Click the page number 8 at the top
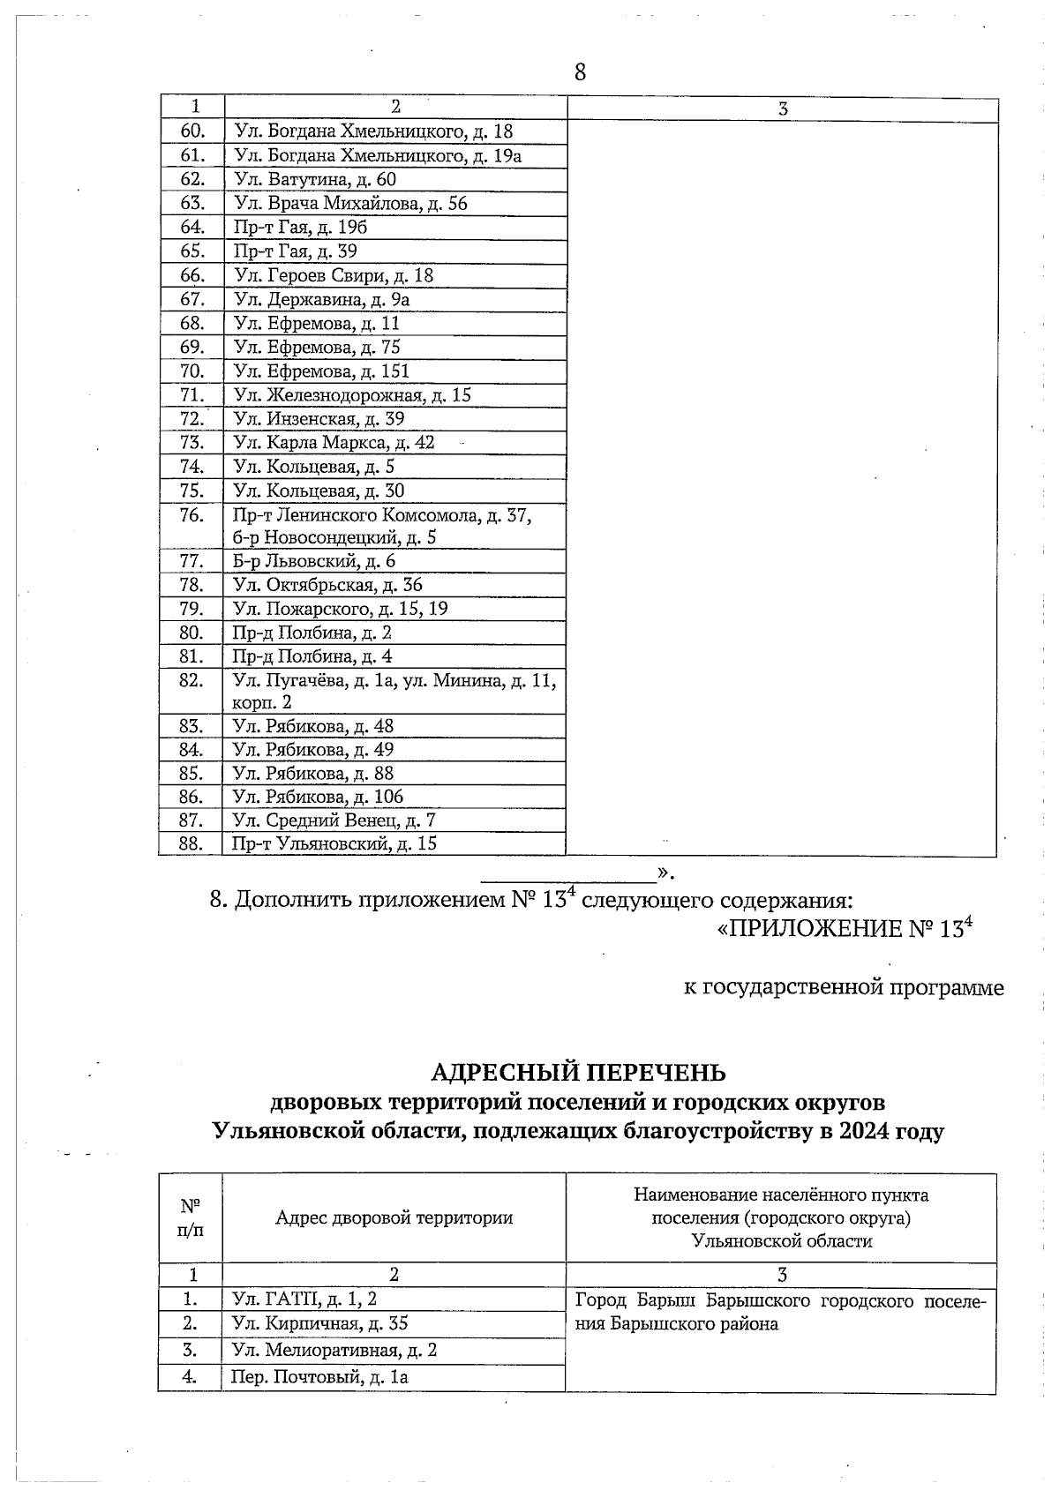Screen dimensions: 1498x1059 click(580, 72)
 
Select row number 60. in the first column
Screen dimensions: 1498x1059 click(192, 131)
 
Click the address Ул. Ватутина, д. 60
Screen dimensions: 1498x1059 click(314, 179)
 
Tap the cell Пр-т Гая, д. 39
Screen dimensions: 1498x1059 click(295, 251)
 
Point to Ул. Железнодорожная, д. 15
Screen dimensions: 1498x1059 click(352, 394)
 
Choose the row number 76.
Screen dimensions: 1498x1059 click(192, 514)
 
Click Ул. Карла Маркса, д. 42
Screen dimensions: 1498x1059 click(334, 442)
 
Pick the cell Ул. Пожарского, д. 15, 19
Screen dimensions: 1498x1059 click(340, 608)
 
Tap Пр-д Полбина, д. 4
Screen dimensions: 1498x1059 click(312, 655)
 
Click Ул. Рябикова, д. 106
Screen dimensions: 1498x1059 click(318, 796)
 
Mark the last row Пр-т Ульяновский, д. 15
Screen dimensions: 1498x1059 click(334, 843)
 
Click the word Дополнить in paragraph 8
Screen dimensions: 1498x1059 click(294, 900)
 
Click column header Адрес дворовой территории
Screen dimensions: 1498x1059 click(394, 1217)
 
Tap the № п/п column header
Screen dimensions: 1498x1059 click(191, 1217)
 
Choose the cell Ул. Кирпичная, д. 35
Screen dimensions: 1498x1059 click(319, 1323)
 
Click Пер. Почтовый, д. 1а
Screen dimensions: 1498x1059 click(319, 1377)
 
